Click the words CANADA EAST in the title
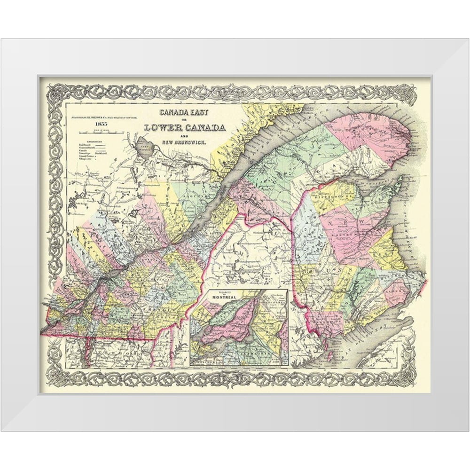pyautogui.click(x=185, y=112)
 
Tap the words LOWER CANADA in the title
pyautogui.click(x=185, y=127)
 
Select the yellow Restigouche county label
pyautogui.click(x=329, y=193)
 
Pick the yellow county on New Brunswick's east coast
pyautogui.click(x=388, y=249)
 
